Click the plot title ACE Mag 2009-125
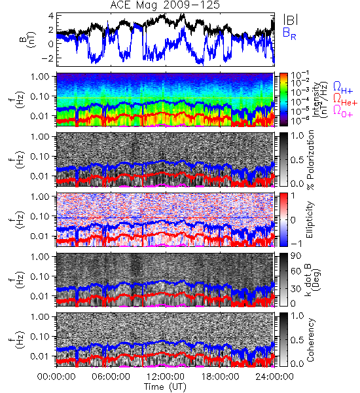tap(165, 5)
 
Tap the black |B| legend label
tap(291, 20)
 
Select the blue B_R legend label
tap(289, 34)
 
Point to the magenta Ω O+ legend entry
tap(343, 111)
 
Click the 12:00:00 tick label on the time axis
tap(166, 377)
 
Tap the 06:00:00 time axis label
tap(111, 377)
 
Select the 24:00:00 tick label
tap(274, 377)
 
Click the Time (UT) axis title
tap(166, 386)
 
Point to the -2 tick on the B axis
tap(48, 58)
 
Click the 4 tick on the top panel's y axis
tap(51, 16)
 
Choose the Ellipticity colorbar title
tap(310, 220)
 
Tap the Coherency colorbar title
tap(310, 340)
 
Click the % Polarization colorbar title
tap(310, 160)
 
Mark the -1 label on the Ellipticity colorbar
tap(296, 244)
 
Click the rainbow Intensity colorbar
tap(283, 100)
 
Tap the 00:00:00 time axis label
tap(56, 377)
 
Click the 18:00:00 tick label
tap(220, 377)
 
